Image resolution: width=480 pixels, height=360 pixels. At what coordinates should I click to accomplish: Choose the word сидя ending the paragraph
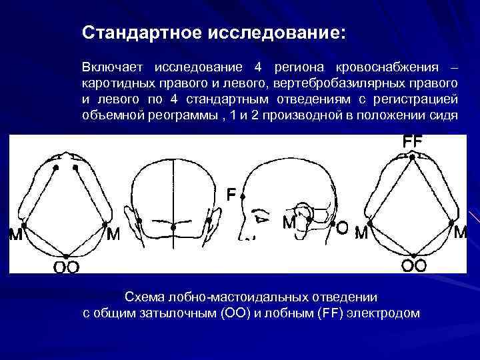(x=445, y=115)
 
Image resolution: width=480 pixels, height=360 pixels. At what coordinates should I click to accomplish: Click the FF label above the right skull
(x=413, y=142)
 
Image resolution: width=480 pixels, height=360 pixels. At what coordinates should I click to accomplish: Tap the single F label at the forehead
(x=230, y=195)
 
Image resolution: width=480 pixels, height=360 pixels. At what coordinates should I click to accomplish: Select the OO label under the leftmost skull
(x=67, y=267)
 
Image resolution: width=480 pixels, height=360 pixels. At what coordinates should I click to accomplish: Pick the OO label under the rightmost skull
(x=413, y=265)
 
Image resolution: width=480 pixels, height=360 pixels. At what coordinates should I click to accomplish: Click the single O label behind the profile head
(x=341, y=228)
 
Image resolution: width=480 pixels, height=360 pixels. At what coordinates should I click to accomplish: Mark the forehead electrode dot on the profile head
(x=243, y=197)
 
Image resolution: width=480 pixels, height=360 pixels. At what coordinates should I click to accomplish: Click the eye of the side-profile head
(x=261, y=217)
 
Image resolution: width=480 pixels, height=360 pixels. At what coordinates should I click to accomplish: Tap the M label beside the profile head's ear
(x=289, y=222)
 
